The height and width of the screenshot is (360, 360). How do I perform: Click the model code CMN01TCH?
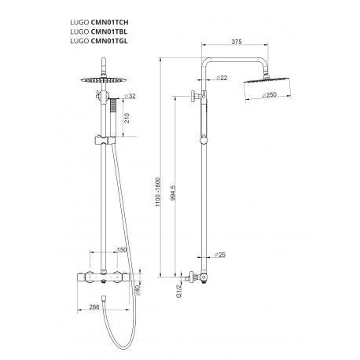coord(109,22)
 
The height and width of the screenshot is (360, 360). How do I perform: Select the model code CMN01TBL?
coord(109,31)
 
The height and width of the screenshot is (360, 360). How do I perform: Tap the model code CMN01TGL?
coord(109,41)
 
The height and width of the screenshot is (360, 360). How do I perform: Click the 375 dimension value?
coord(237,42)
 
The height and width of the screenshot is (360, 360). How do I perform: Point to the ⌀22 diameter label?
coord(222,78)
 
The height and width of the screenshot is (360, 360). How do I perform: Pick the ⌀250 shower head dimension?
coord(269,95)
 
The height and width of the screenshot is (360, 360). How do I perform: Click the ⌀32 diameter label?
coord(130,96)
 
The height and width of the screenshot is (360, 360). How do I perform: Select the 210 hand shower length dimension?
coord(127,119)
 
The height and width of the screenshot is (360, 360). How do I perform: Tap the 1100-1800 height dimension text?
coord(158,192)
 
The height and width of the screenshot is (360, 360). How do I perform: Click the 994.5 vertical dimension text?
coord(173,193)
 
